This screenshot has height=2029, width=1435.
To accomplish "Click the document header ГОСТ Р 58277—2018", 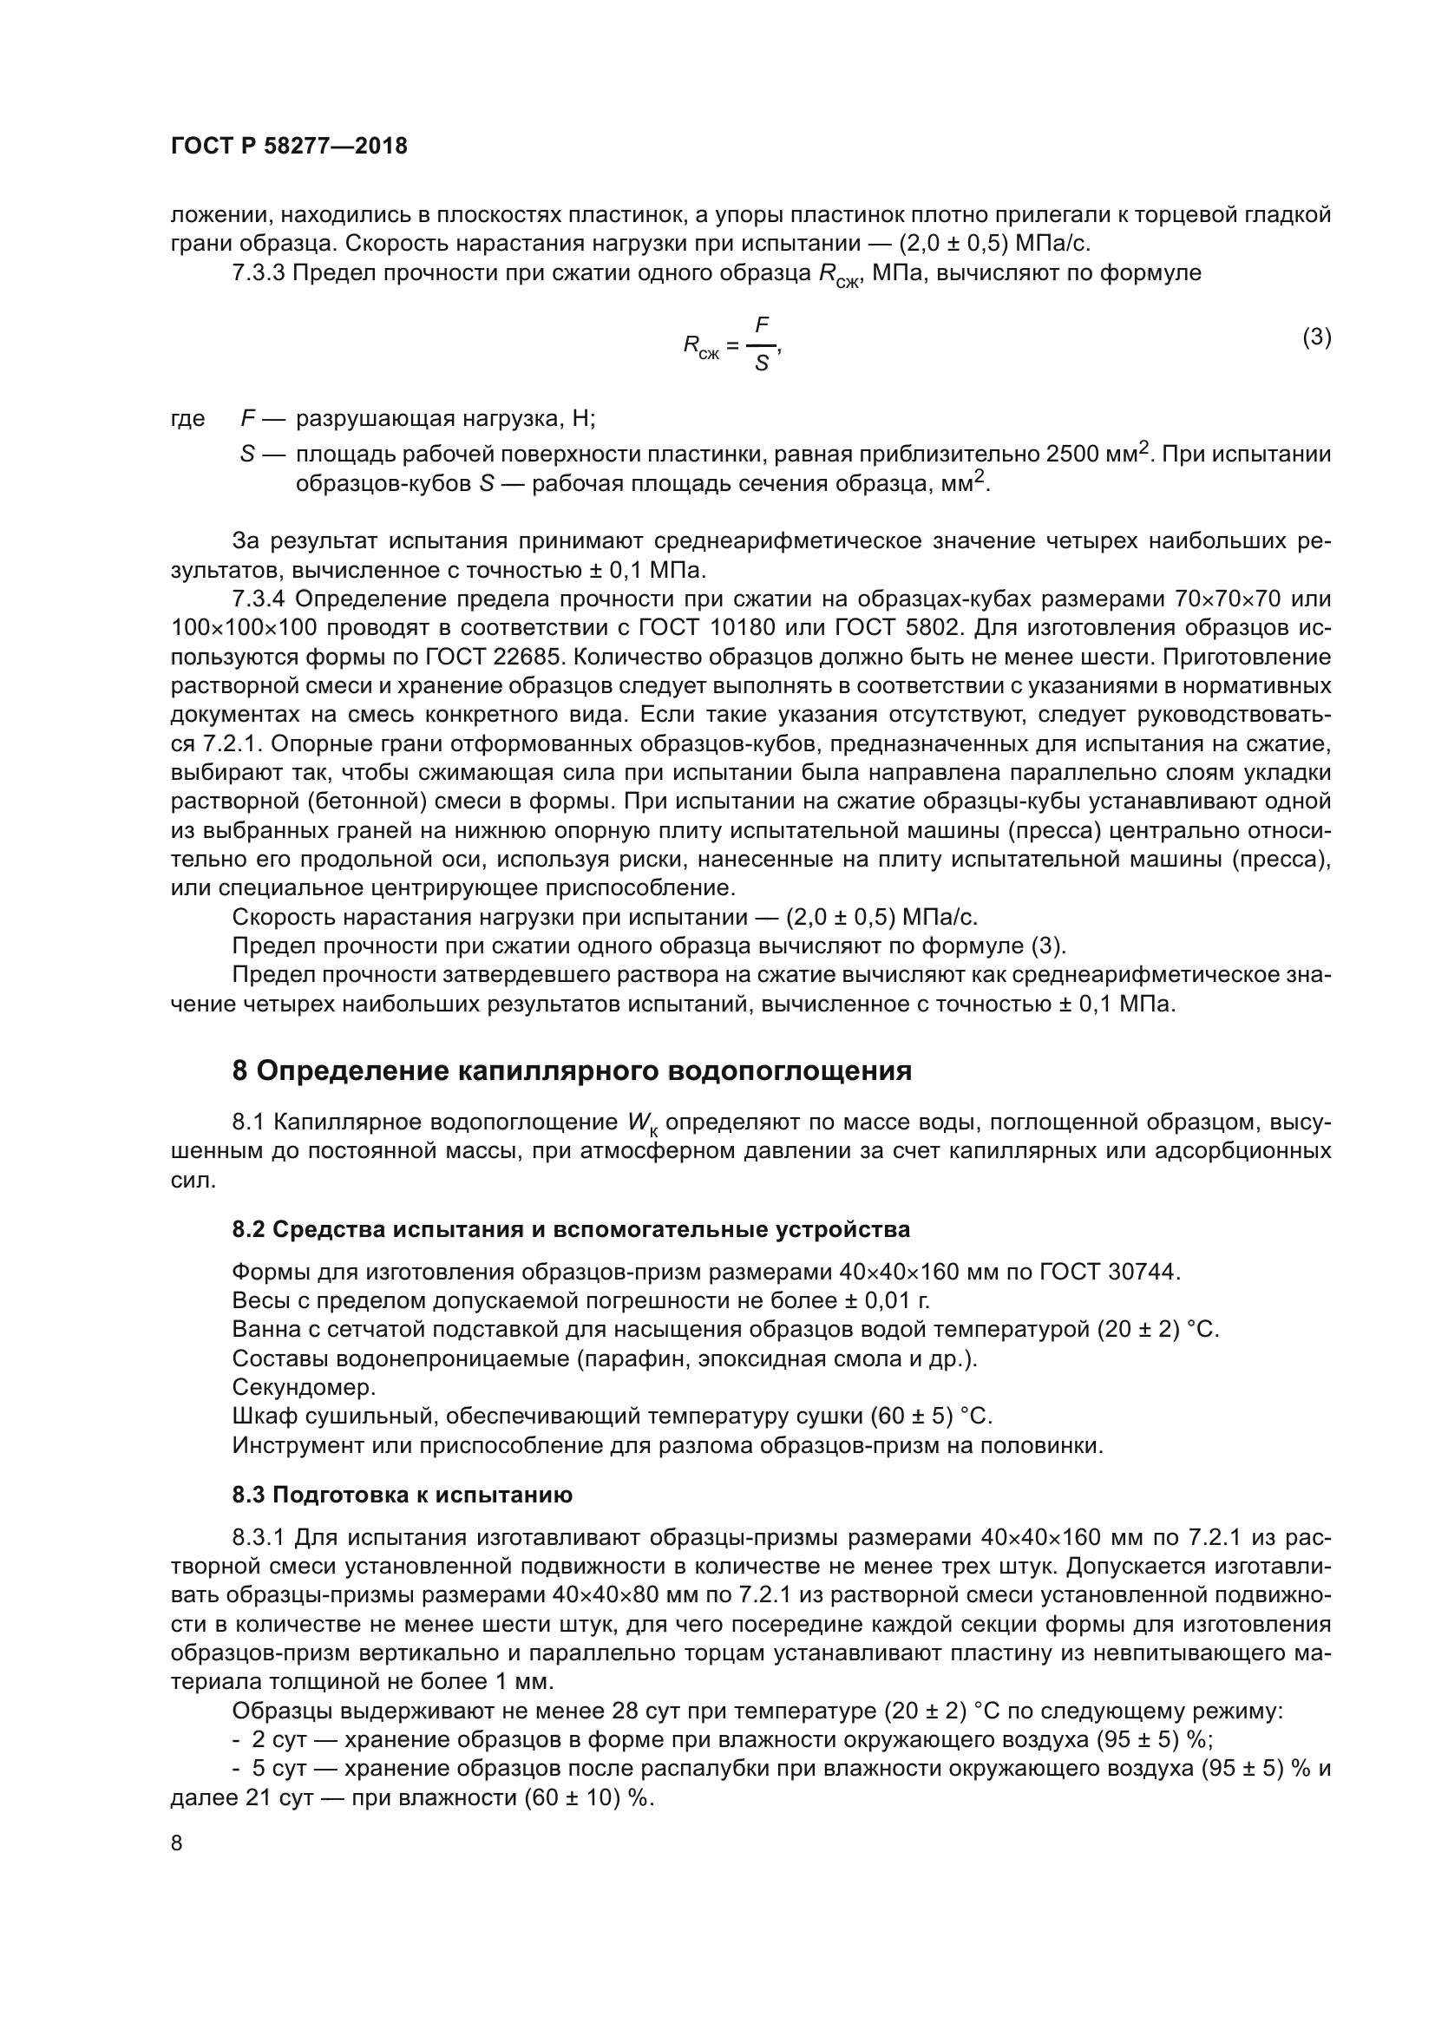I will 289,146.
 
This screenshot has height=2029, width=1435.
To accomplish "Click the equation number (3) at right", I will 1317,337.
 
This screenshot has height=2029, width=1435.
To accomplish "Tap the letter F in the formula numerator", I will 762,324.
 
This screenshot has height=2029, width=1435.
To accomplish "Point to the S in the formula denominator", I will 761,363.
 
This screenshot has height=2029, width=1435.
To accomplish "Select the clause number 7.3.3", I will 258,273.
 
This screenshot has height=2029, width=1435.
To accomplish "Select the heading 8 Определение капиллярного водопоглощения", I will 571,1071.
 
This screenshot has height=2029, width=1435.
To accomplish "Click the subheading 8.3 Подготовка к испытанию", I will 402,1495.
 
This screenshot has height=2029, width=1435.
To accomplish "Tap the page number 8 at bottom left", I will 177,1842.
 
